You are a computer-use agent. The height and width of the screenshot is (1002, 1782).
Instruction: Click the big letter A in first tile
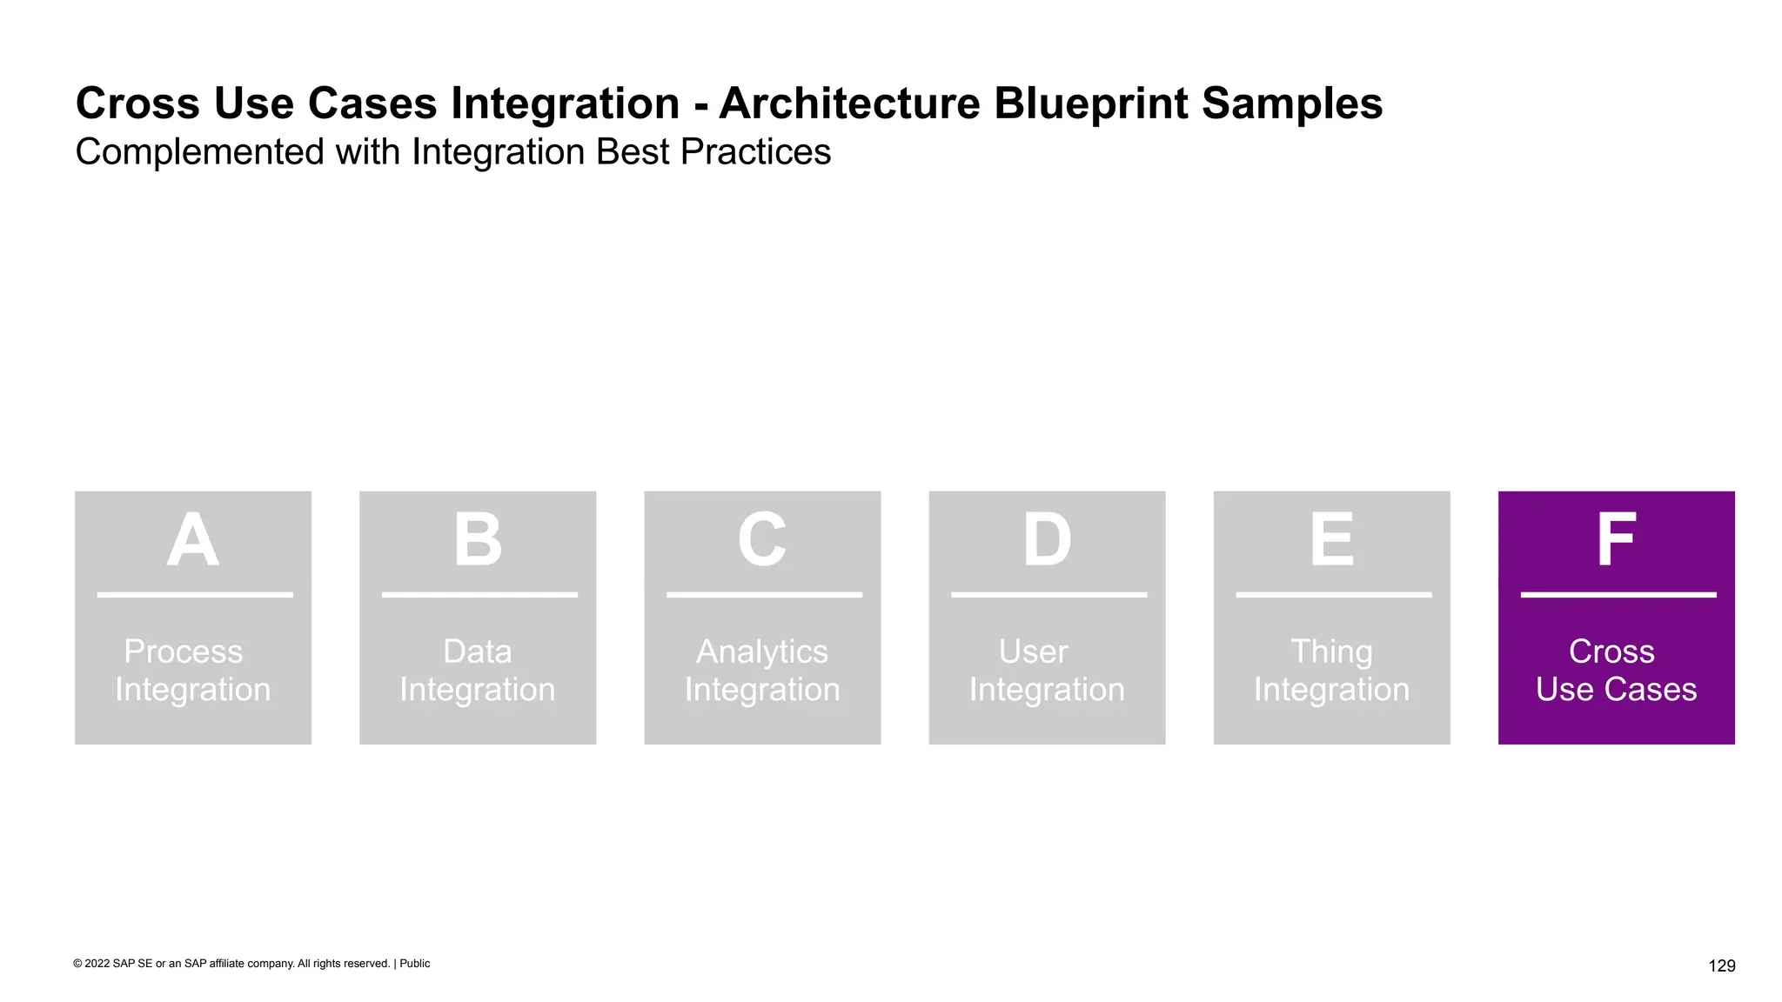coord(192,540)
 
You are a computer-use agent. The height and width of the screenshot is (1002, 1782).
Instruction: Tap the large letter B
coord(478,540)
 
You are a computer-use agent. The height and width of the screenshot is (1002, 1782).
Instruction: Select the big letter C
coord(762,540)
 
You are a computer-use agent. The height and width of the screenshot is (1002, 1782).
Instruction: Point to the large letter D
coord(1047,540)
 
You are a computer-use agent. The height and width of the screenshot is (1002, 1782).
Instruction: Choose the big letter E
coord(1331,540)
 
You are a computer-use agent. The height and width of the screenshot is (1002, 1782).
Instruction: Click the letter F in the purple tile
coord(1616,540)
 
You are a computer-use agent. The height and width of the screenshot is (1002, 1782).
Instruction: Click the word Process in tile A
coord(183,651)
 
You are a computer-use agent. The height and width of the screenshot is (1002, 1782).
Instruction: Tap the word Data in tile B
coord(477,651)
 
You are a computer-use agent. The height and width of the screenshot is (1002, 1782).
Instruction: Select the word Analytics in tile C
coord(762,652)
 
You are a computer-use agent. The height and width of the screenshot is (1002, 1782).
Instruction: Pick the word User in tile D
coord(1033,651)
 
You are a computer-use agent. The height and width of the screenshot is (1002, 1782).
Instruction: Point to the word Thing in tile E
coord(1331,652)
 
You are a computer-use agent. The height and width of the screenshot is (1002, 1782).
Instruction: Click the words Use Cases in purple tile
coord(1616,690)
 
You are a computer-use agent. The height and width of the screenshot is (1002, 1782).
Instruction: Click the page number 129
coord(1721,965)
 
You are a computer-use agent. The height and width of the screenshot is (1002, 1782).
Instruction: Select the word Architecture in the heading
coord(849,104)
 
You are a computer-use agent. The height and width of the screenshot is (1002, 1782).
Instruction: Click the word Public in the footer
coord(415,964)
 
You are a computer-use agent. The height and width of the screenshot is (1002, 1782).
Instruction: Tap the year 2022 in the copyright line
coord(97,964)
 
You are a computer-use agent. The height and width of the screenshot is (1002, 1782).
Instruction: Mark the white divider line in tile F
coord(1618,595)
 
